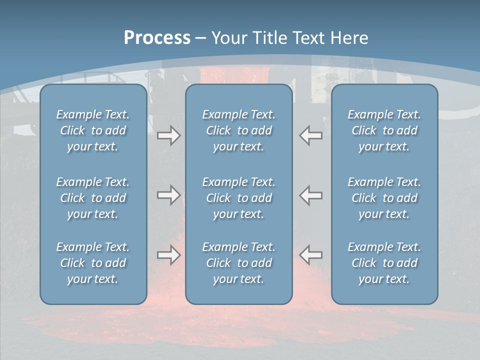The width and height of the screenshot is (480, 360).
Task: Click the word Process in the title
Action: point(157,38)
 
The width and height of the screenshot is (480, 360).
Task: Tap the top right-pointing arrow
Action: point(168,135)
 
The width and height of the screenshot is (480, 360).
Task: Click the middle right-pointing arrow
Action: point(168,195)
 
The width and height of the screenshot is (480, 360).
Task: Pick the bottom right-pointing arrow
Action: point(168,255)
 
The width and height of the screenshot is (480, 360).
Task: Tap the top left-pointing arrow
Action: point(311,135)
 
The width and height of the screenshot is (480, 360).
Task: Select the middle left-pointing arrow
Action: point(311,195)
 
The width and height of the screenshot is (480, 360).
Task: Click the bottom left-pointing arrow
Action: point(311,255)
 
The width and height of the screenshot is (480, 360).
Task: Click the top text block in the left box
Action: point(93,130)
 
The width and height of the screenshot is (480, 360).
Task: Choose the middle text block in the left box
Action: point(93,198)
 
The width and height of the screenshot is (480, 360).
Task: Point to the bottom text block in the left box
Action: point(93,263)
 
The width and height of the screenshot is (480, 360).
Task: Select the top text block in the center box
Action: point(238,130)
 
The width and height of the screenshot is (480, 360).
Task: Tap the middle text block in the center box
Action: point(238,198)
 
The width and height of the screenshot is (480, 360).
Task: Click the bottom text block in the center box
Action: point(238,263)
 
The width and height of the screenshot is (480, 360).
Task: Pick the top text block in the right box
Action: point(384,130)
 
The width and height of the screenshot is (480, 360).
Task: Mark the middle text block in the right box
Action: point(384,198)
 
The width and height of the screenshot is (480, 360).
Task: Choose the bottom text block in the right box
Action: point(384,263)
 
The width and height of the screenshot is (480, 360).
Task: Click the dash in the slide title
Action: point(200,38)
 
